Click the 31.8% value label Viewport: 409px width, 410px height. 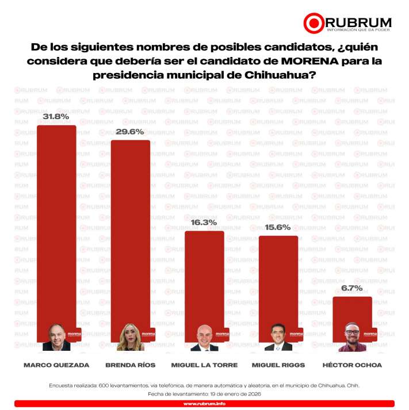[56, 116]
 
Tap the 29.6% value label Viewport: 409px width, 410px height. [130, 131]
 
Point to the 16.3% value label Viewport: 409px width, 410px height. [204, 222]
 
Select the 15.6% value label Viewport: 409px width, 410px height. [278, 227]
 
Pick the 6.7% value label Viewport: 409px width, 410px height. [352, 288]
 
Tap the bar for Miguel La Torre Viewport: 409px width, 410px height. [204, 276]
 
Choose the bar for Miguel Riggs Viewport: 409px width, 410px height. [278, 279]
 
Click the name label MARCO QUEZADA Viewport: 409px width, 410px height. [56, 365]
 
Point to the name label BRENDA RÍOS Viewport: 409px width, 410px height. [130, 365]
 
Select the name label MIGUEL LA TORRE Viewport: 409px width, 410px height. [204, 365]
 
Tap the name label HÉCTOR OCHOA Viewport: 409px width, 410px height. [352, 365]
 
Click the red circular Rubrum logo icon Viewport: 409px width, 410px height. [314, 23]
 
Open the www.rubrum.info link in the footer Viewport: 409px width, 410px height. [204, 404]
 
